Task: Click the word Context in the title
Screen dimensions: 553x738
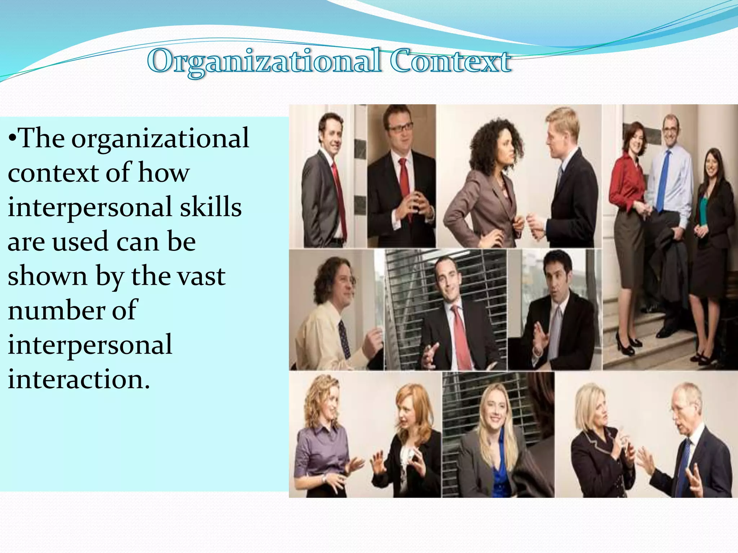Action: click(x=450, y=61)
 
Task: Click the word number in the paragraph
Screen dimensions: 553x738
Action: click(x=56, y=310)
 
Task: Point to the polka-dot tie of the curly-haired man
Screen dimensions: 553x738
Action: click(x=344, y=338)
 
